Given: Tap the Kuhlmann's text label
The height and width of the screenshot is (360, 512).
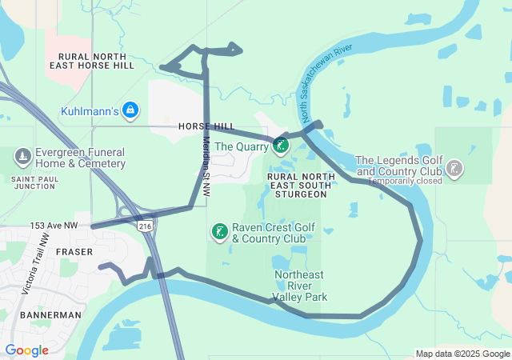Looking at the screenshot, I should click(x=90, y=110).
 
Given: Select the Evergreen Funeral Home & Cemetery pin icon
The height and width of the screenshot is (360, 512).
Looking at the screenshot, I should click(x=22, y=154).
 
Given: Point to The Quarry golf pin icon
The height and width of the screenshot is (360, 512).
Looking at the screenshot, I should click(x=281, y=145).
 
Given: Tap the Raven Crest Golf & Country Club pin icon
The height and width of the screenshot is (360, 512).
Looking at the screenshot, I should click(x=218, y=232).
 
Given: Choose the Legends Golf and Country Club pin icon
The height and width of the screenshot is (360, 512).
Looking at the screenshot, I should click(x=454, y=169).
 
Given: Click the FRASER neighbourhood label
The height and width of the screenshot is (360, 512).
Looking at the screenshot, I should click(x=76, y=250).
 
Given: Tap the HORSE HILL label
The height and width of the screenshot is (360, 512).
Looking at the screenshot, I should click(x=206, y=126).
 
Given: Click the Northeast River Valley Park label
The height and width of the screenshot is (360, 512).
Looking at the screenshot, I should click(x=300, y=286).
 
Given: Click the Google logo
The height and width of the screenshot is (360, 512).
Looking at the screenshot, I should click(x=26, y=350).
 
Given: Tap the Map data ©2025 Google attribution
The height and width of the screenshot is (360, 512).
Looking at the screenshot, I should click(x=462, y=354).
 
